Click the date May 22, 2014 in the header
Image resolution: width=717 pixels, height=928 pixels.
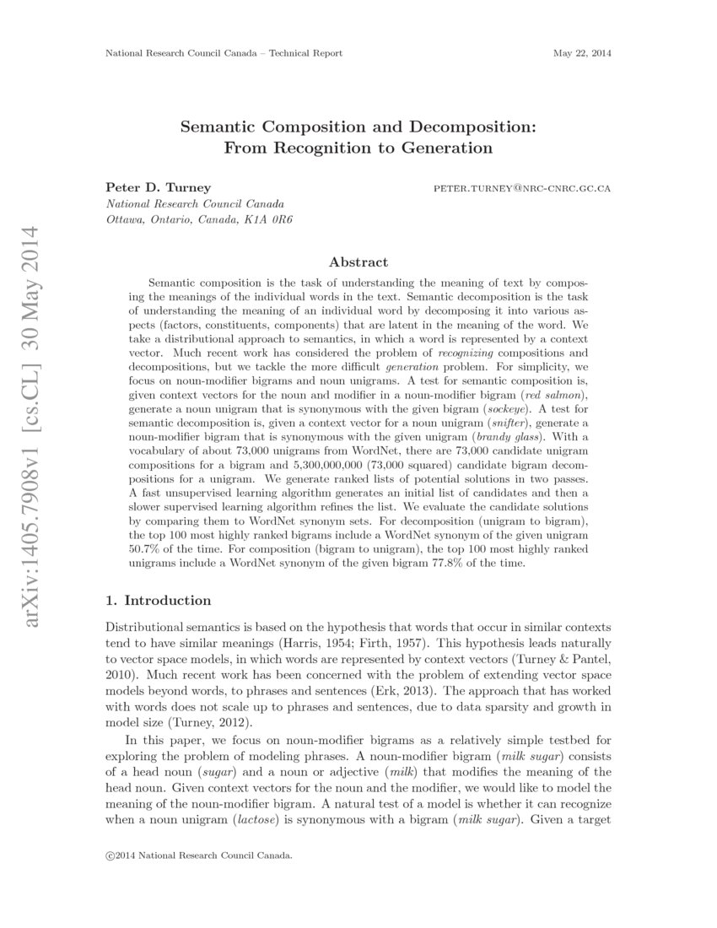coord(581,53)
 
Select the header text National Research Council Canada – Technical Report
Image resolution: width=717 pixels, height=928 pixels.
coord(224,53)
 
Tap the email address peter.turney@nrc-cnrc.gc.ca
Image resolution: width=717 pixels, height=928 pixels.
coord(521,187)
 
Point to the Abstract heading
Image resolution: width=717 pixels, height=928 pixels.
coord(358,262)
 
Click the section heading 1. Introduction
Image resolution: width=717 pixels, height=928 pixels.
coord(158,601)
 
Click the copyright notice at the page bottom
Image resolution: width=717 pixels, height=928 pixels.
coord(198,855)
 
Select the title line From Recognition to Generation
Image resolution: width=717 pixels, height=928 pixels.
coord(358,148)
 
